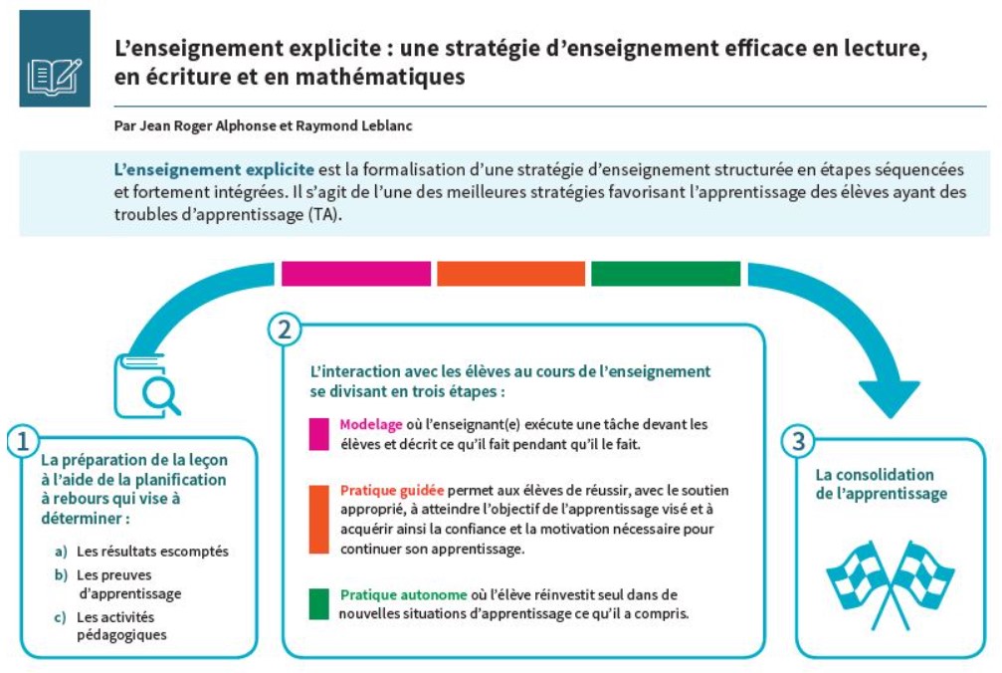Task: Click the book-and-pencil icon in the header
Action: click(x=55, y=76)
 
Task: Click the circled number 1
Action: click(x=23, y=441)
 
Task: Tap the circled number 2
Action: click(x=285, y=330)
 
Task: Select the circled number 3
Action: click(x=798, y=441)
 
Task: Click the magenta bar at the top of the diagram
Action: click(x=356, y=274)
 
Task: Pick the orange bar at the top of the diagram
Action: click(x=510, y=274)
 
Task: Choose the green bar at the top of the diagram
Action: click(x=666, y=274)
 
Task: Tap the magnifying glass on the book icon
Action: click(x=161, y=393)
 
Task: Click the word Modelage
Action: click(x=370, y=424)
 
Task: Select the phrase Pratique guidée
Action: click(x=392, y=490)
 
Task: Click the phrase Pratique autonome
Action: click(x=403, y=594)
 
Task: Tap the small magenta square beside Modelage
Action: click(x=318, y=434)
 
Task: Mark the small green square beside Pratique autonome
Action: click(x=318, y=604)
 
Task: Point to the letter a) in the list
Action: click(x=61, y=552)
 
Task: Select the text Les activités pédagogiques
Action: click(x=121, y=625)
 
